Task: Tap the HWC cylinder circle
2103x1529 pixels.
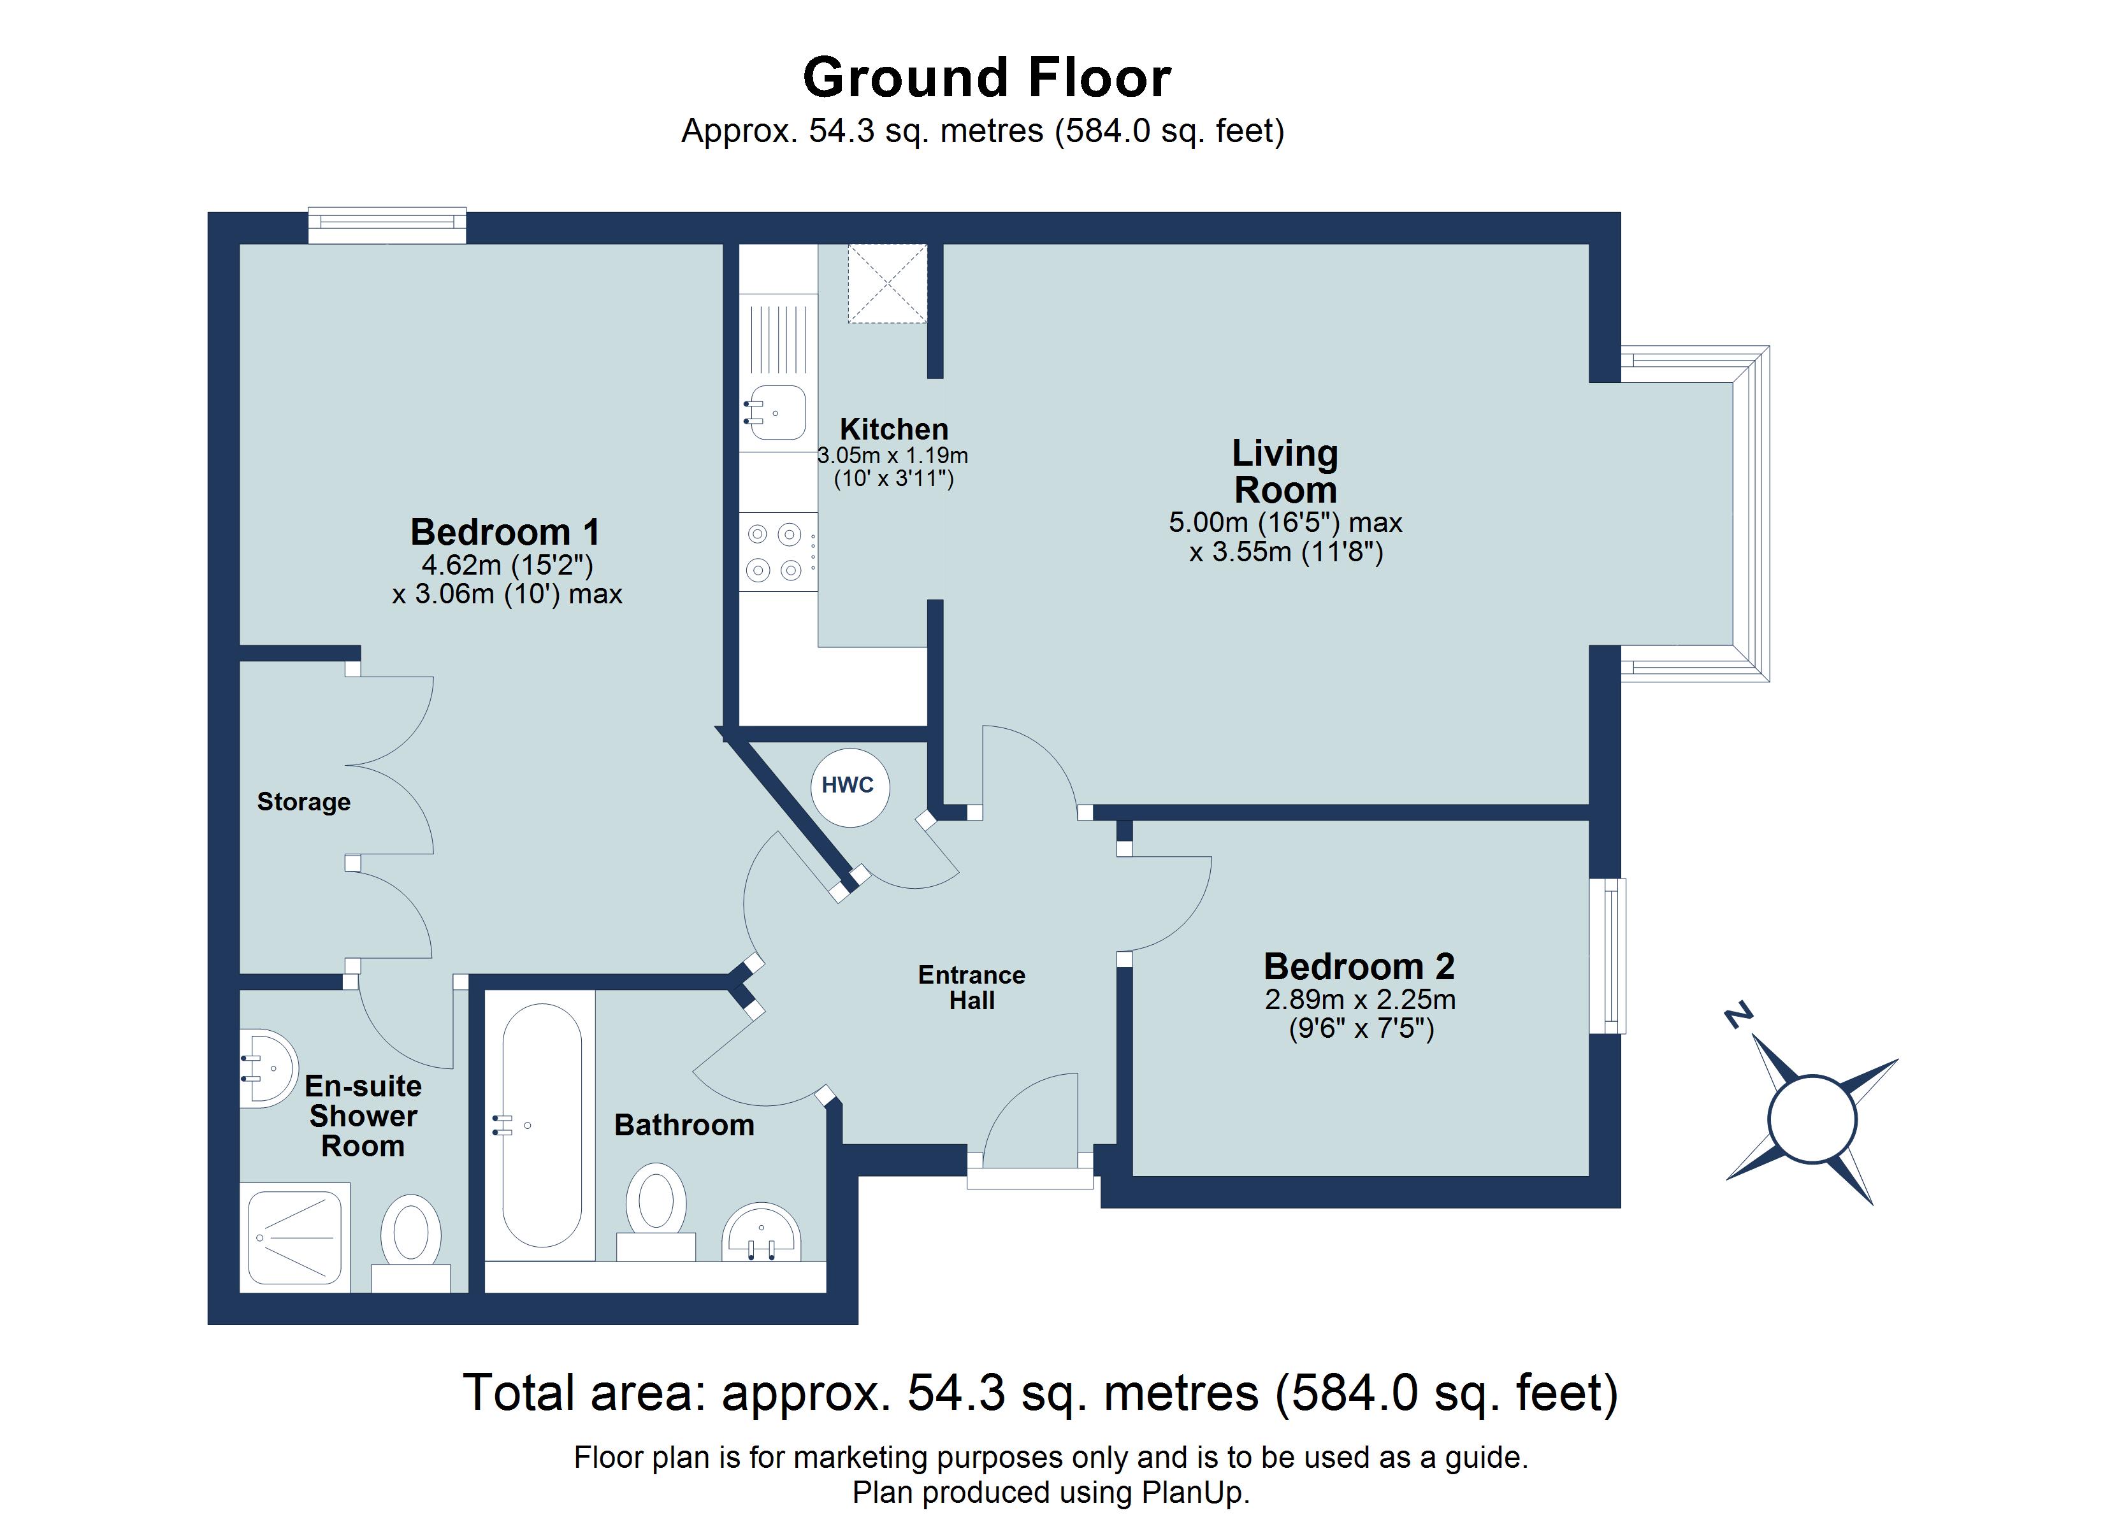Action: point(849,786)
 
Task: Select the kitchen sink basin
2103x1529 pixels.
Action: point(777,412)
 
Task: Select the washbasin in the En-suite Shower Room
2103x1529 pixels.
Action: point(268,1068)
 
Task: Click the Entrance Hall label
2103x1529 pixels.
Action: point(972,987)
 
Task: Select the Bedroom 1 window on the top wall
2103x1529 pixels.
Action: point(387,226)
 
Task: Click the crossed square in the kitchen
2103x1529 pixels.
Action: point(887,284)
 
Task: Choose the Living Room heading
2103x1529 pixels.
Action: point(1285,471)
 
